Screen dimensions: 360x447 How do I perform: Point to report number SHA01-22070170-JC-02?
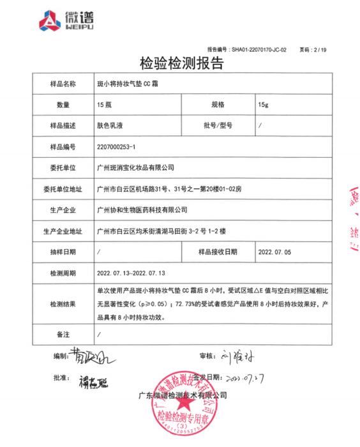pyautogui.click(x=259, y=49)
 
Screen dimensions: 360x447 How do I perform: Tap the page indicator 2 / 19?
pyautogui.click(x=318, y=49)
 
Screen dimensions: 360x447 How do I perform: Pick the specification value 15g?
pyautogui.click(x=262, y=104)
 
